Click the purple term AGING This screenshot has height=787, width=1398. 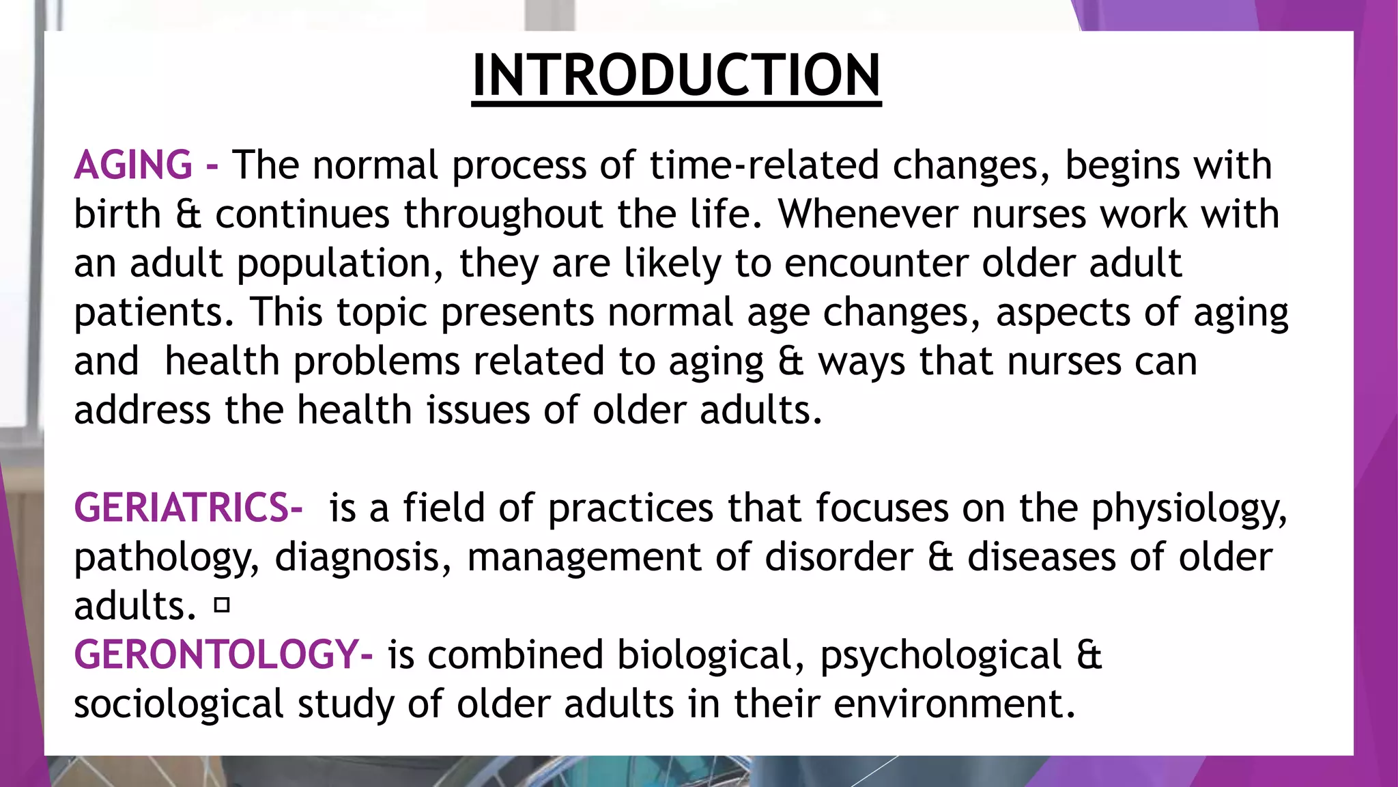133,165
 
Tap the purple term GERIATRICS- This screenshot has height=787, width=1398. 188,508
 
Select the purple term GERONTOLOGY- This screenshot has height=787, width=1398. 223,654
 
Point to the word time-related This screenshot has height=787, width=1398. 763,165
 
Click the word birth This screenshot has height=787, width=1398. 117,215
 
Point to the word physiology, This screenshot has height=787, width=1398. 1188,510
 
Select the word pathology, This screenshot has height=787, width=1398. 167,558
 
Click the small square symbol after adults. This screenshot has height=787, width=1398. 221,605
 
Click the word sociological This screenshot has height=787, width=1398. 178,704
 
